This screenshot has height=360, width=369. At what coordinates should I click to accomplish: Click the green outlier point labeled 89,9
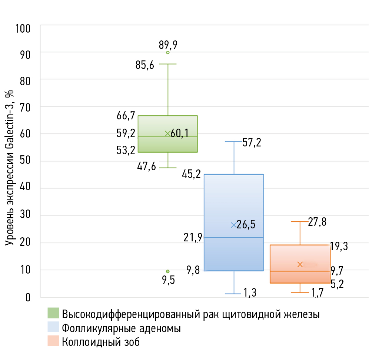tap(168, 53)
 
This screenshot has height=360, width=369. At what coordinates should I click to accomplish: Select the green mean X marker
tap(167, 133)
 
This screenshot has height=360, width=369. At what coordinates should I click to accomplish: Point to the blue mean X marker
tap(234, 225)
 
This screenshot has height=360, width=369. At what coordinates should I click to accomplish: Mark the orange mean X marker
tap(300, 264)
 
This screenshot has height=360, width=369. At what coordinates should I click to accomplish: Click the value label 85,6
tap(145, 66)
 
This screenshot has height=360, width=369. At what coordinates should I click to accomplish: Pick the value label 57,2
tap(252, 143)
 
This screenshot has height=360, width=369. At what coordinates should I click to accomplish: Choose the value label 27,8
tap(317, 222)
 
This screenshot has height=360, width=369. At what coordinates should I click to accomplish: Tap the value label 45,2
tap(192, 174)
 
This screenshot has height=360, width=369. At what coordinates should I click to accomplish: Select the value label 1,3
tap(250, 294)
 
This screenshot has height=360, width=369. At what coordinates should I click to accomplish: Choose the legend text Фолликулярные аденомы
tap(122, 328)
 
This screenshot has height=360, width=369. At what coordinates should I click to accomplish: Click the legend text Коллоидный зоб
tap(101, 342)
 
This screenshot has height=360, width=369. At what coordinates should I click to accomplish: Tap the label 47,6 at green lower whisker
tap(146, 166)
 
